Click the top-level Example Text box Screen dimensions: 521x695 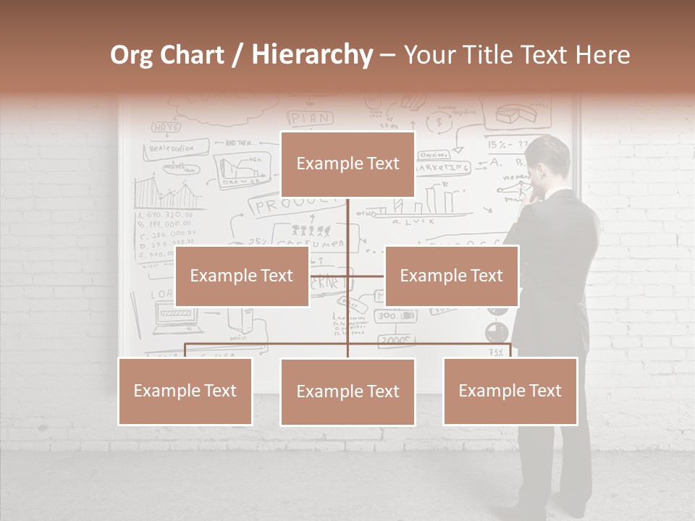point(347,164)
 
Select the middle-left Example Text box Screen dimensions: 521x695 point(242,276)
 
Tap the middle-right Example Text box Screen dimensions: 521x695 point(451,276)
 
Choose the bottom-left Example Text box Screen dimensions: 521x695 point(185,391)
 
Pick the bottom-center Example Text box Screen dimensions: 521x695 point(347,391)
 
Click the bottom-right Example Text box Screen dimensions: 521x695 point(510,391)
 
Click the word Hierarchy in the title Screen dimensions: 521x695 point(312,55)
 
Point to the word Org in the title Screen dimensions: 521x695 point(131,55)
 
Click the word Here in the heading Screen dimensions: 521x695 point(602,55)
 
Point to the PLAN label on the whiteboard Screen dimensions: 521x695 point(310,118)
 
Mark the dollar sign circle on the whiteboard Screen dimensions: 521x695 point(438,124)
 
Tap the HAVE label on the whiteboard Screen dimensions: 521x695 point(166,127)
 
